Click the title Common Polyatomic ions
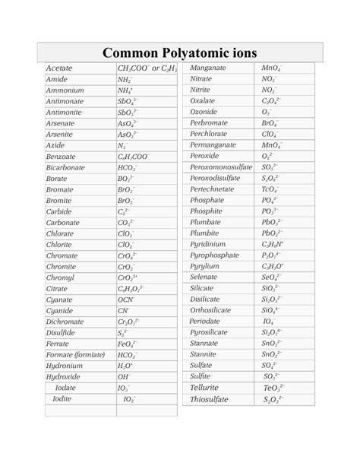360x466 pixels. click(x=180, y=52)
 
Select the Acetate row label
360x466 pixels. click(x=60, y=68)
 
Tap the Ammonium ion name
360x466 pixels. click(x=65, y=90)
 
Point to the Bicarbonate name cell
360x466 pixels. click(x=66, y=166)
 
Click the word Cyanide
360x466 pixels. click(x=61, y=310)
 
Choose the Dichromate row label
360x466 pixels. click(x=65, y=322)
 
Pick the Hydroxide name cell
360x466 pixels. click(x=63, y=376)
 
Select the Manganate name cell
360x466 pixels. click(x=210, y=68)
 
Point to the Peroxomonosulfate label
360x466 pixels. click(x=221, y=166)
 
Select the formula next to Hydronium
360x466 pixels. click(x=126, y=366)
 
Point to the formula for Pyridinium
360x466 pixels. click(x=272, y=245)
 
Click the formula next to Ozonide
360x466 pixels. click(x=267, y=112)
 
